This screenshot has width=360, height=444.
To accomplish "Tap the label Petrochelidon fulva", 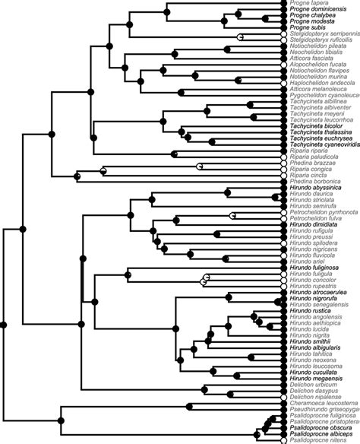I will click(x=314, y=218).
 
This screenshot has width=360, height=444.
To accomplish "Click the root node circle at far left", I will click(x=4, y=325).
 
